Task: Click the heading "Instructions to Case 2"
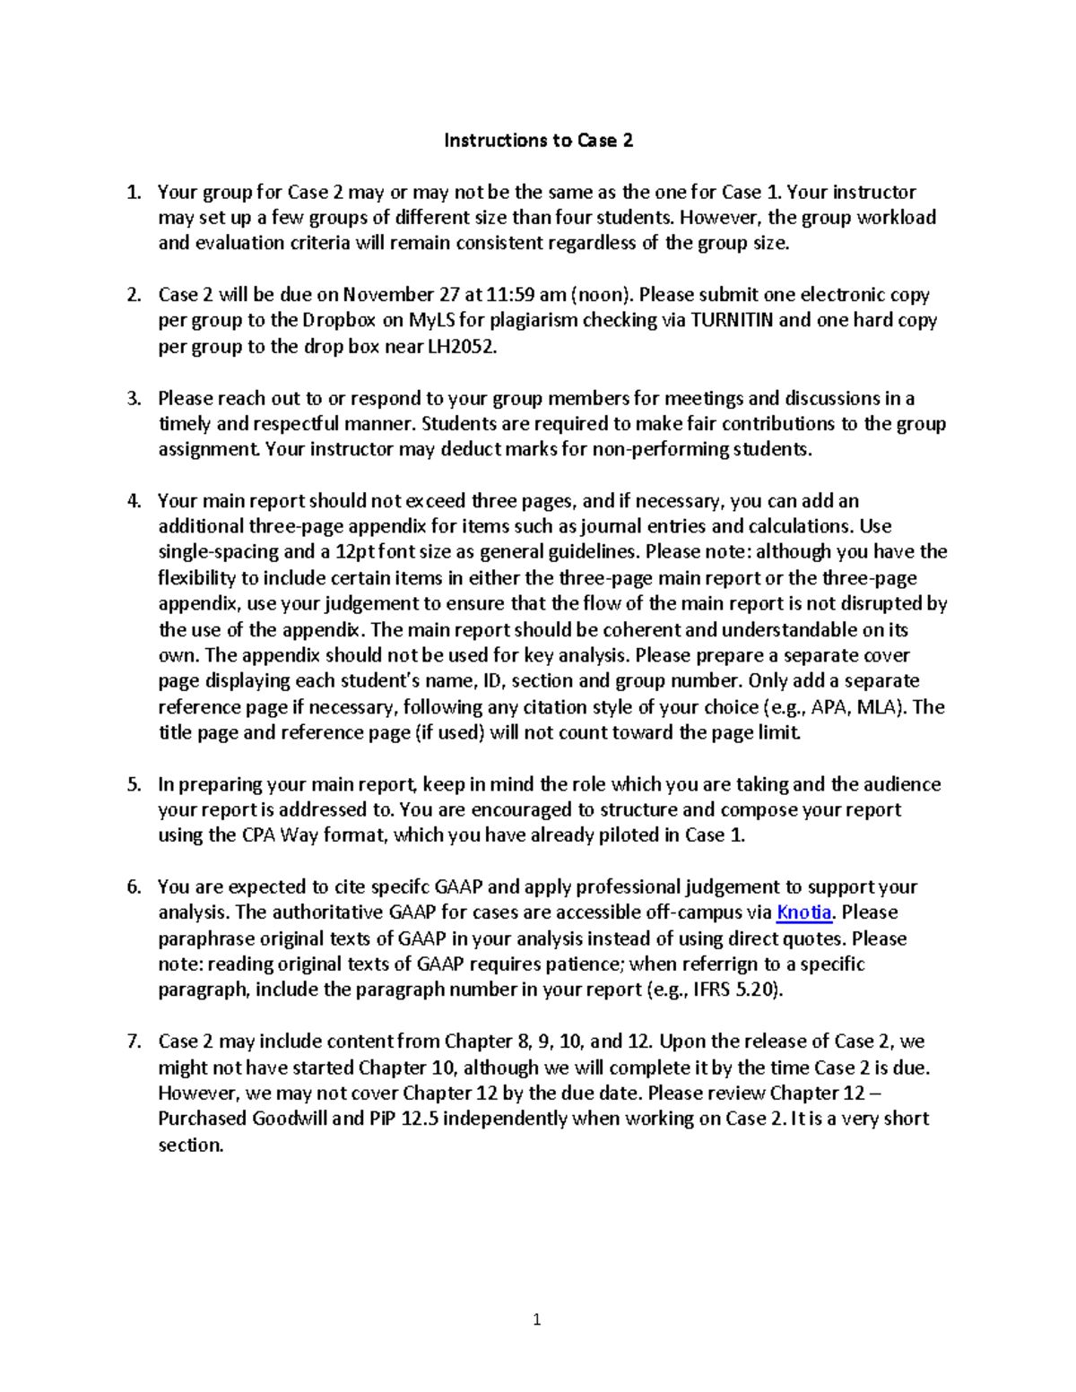[538, 140]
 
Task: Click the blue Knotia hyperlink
[803, 912]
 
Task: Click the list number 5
[134, 784]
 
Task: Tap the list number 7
[134, 1042]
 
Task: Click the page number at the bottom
[537, 1319]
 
